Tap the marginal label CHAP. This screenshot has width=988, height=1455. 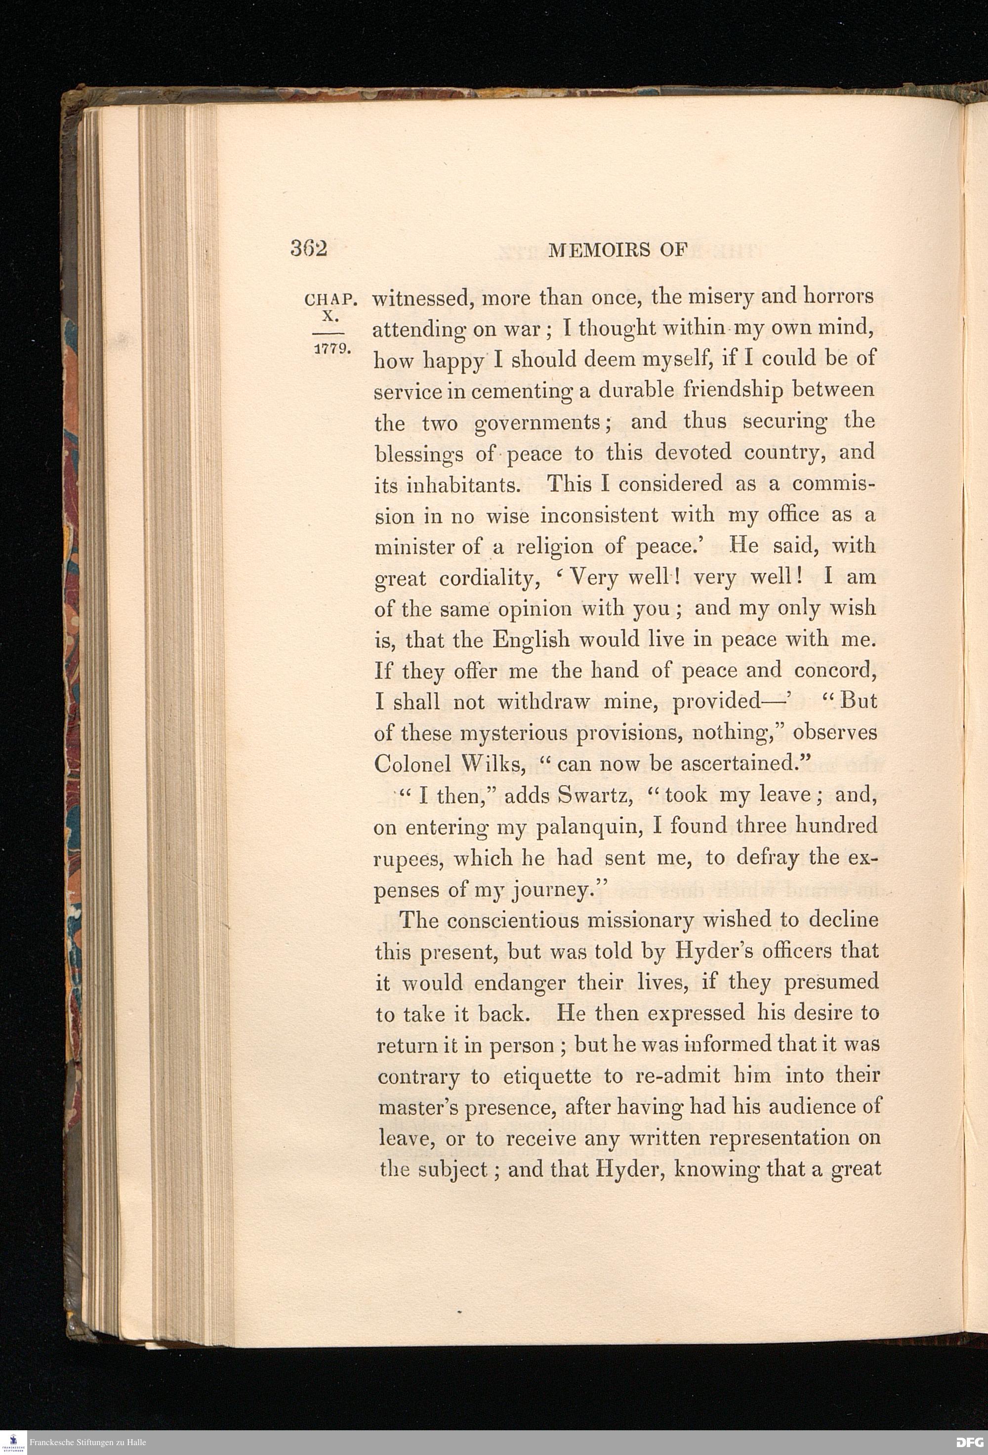click(330, 300)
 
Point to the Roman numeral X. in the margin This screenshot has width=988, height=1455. click(330, 317)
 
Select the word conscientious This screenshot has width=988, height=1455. click(505, 920)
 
